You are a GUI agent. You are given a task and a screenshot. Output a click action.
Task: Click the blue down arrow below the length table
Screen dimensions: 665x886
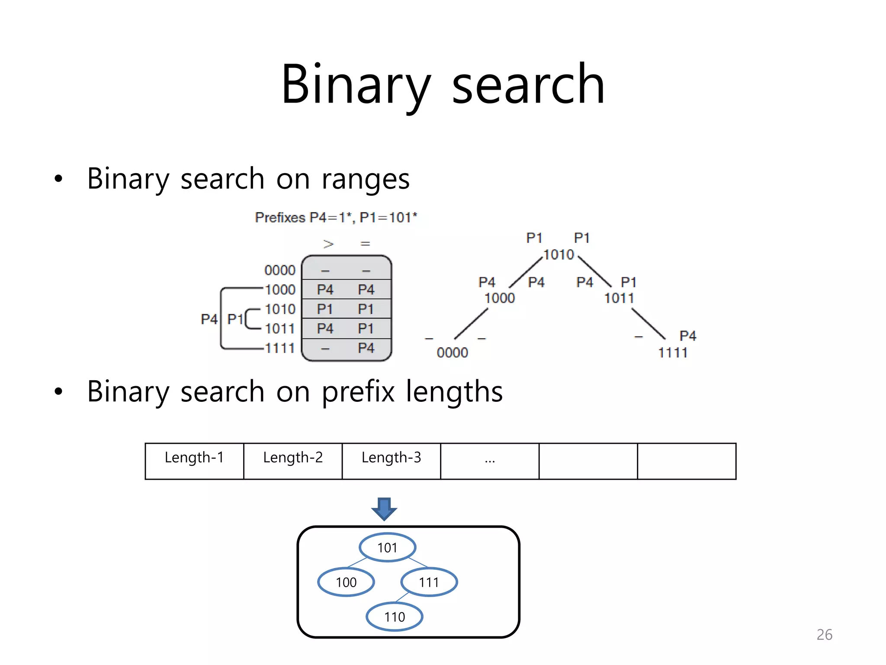click(x=384, y=509)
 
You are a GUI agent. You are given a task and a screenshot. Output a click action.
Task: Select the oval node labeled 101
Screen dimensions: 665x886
click(x=387, y=548)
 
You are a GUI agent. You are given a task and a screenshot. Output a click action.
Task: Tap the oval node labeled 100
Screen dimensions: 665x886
click(x=346, y=582)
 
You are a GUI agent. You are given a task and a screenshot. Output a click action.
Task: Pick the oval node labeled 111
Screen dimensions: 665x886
click(x=429, y=582)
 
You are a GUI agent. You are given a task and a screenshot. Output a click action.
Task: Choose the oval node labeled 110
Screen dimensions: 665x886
click(x=395, y=617)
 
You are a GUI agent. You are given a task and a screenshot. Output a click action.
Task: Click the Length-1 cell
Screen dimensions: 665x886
click(x=194, y=461)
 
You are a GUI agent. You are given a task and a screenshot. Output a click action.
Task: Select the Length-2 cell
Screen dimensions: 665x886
click(x=293, y=461)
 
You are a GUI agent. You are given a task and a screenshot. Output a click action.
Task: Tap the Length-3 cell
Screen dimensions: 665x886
click(x=391, y=461)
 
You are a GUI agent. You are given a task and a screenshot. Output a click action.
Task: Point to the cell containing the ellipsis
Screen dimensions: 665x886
click(x=490, y=461)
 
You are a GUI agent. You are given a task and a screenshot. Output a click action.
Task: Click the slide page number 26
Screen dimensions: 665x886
click(x=824, y=635)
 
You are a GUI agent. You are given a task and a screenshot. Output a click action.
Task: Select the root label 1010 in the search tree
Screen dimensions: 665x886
click(x=558, y=255)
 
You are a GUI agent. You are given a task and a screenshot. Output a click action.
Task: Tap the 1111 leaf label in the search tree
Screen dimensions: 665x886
click(x=673, y=353)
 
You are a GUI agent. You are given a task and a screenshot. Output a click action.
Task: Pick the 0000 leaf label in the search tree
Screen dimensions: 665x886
click(x=452, y=353)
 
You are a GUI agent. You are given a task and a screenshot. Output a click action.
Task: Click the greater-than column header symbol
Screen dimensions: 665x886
click(x=328, y=244)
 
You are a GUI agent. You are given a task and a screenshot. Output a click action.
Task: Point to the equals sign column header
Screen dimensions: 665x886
click(x=365, y=244)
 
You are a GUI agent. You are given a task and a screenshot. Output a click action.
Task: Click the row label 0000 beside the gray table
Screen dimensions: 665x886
click(x=279, y=270)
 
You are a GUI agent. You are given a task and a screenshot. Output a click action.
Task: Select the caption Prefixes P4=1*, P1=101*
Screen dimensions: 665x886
click(x=336, y=217)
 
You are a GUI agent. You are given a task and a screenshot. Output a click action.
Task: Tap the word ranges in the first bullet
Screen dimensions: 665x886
click(x=366, y=179)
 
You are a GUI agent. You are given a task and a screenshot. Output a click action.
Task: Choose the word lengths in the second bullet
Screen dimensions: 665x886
click(x=454, y=392)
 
